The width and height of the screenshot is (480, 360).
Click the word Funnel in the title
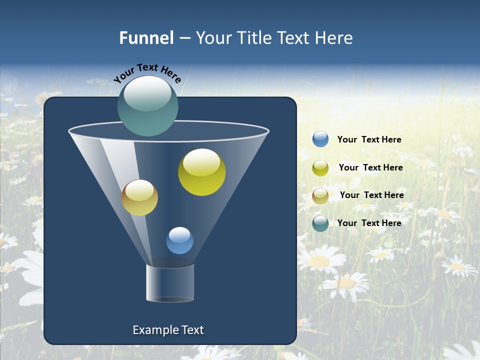[146, 38]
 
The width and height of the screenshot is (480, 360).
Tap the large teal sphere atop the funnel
[148, 106]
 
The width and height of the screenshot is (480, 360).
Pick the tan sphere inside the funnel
[140, 198]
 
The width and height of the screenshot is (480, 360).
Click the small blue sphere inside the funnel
[179, 240]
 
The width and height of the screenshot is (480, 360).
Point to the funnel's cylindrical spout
[169, 283]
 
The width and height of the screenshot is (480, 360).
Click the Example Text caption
[168, 330]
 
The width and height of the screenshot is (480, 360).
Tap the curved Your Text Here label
[147, 73]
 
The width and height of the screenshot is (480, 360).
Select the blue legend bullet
[320, 139]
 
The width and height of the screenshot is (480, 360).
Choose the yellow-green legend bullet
[320, 168]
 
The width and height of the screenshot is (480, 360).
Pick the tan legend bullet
[320, 195]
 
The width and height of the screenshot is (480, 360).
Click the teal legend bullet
[320, 223]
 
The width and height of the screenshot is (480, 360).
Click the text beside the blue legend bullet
[369, 140]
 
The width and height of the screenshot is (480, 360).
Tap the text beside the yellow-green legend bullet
[370, 168]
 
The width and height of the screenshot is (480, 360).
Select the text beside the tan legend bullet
[371, 195]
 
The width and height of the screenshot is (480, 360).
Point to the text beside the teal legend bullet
[369, 223]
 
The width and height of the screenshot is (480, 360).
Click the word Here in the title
[334, 38]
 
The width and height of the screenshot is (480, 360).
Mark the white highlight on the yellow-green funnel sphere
[201, 162]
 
